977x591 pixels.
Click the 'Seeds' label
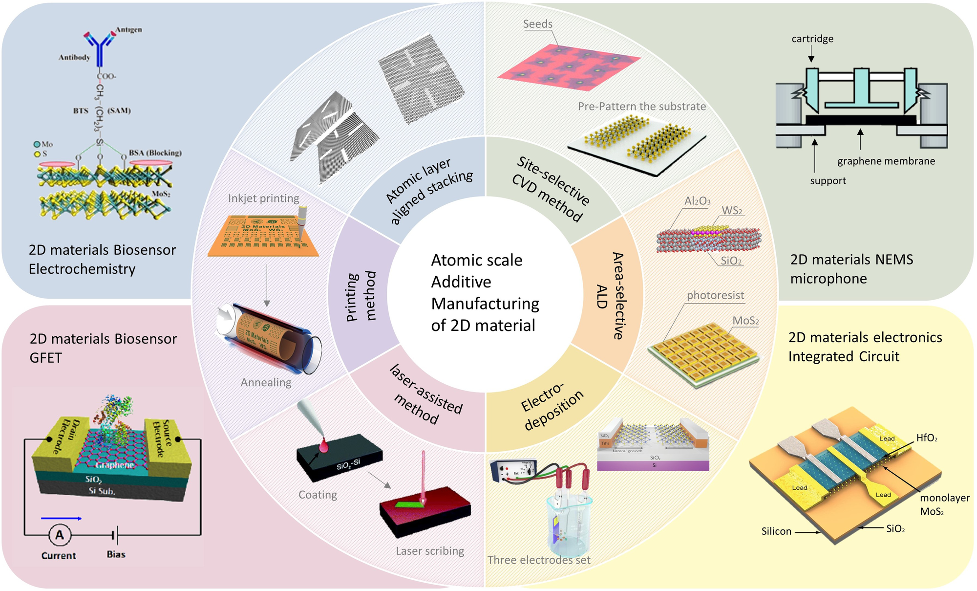coord(537,24)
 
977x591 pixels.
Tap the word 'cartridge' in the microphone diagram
coord(812,39)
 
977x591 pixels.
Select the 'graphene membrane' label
coord(886,161)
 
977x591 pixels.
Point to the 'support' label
coord(828,181)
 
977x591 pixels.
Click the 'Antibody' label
coord(74,57)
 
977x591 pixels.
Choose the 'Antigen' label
coord(129,30)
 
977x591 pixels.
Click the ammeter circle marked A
coord(59,535)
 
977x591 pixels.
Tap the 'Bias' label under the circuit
coord(116,554)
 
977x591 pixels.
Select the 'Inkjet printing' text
coord(263,198)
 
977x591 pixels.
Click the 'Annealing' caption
coord(266,382)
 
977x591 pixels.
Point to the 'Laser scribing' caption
coord(430,551)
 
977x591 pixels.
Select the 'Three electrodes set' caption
coord(539,560)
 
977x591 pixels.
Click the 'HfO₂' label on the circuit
coord(927,438)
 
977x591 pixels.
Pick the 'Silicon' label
coord(776,531)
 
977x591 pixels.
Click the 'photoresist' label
coord(715,295)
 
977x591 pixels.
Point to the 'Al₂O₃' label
coord(697,201)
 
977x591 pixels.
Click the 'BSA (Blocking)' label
coord(155,153)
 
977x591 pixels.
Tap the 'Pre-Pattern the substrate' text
coord(642,107)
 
